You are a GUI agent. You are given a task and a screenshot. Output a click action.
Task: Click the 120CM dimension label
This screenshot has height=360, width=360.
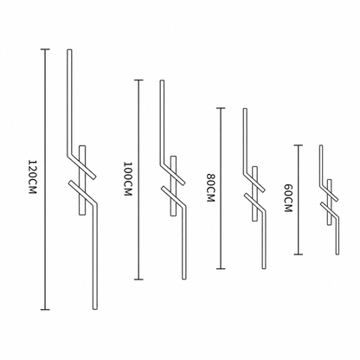click(x=33, y=177)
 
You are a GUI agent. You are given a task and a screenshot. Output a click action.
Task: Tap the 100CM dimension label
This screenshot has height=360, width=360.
click(x=127, y=179)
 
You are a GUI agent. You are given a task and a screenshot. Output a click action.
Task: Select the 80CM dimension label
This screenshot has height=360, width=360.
click(x=211, y=188)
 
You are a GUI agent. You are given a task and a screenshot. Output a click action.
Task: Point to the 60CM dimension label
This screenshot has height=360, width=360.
click(x=288, y=198)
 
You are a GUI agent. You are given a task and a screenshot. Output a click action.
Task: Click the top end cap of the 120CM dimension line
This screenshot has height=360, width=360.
click(x=45, y=49)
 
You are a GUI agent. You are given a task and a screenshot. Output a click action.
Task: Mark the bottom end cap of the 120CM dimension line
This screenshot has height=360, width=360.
click(x=45, y=310)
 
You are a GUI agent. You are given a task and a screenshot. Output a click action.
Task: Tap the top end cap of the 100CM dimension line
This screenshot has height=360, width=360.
click(x=138, y=80)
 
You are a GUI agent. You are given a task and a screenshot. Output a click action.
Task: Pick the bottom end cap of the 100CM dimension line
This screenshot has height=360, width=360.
click(x=138, y=280)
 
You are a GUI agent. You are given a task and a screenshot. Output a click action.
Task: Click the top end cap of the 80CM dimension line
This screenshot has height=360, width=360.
click(x=221, y=108)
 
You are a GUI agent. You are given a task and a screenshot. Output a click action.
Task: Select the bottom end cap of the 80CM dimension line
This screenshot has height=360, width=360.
click(x=221, y=269)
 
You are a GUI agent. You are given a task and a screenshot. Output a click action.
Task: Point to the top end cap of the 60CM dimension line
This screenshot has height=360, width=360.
click(x=299, y=145)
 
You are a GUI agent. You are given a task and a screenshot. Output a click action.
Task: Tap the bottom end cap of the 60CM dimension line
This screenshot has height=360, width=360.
click(x=299, y=254)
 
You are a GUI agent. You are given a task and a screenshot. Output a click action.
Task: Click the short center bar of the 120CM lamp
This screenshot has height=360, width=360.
click(x=82, y=180)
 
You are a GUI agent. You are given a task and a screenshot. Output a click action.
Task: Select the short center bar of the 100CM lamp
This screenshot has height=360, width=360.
click(x=173, y=186)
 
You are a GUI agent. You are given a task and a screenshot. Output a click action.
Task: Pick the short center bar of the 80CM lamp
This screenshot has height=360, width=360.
click(x=254, y=194)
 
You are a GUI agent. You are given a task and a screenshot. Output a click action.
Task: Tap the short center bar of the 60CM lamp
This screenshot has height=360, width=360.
click(x=330, y=202)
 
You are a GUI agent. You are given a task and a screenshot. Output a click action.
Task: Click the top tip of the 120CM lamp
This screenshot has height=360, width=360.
click(x=69, y=50)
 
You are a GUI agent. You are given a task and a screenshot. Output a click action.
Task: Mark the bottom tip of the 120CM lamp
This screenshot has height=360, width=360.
click(x=94, y=309)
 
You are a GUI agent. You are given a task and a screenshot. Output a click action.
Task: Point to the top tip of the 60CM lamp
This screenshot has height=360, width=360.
click(x=321, y=145)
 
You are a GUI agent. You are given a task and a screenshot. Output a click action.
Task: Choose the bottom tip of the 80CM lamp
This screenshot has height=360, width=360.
click(x=264, y=268)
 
